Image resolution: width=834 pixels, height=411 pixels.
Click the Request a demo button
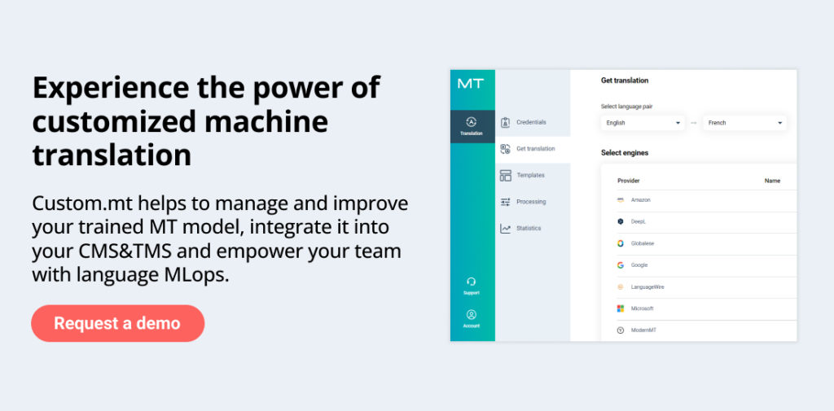(117, 323)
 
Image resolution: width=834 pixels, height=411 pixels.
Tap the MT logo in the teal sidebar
(471, 84)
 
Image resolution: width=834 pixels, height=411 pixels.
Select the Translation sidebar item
(472, 126)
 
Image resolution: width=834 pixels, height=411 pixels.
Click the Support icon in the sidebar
(472, 282)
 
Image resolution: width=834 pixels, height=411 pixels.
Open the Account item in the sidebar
(472, 318)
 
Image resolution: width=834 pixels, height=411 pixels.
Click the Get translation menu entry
(533, 149)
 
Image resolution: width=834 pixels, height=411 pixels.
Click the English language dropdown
(643, 123)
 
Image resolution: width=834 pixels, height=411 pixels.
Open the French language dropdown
(744, 123)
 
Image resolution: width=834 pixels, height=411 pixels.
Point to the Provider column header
(628, 181)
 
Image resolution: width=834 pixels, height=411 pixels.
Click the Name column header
(772, 181)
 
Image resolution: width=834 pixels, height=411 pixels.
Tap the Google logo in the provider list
(620, 265)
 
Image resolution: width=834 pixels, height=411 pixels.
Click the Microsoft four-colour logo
(620, 308)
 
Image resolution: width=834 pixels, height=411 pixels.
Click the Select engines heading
(625, 152)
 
